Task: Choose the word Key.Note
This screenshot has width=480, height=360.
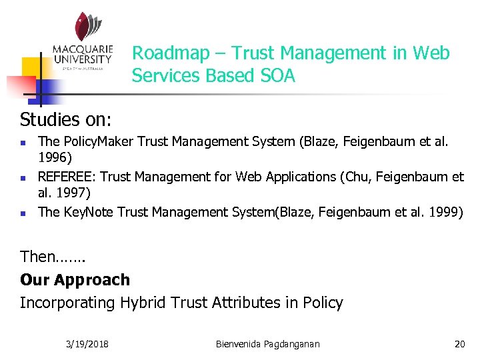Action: coord(89,212)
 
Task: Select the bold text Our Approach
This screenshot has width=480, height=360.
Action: coord(75,280)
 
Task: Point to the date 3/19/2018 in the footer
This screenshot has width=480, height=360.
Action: coord(88,344)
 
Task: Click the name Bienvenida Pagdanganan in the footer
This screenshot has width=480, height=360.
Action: coord(268,344)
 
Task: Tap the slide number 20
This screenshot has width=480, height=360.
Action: coord(459,344)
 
